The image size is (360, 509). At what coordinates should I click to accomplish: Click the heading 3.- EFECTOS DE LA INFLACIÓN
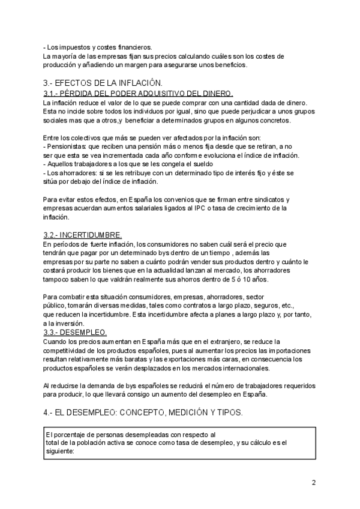pyautogui.click(x=103, y=83)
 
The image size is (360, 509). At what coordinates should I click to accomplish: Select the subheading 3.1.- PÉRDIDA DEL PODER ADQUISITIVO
pyautogui.click(x=138, y=94)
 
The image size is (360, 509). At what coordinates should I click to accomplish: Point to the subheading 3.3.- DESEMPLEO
pyautogui.click(x=76, y=332)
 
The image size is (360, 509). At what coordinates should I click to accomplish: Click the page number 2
pyautogui.click(x=314, y=483)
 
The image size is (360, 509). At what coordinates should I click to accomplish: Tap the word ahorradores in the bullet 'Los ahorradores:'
pyautogui.click(x=75, y=173)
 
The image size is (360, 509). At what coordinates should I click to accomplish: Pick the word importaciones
pyautogui.click(x=280, y=350)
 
